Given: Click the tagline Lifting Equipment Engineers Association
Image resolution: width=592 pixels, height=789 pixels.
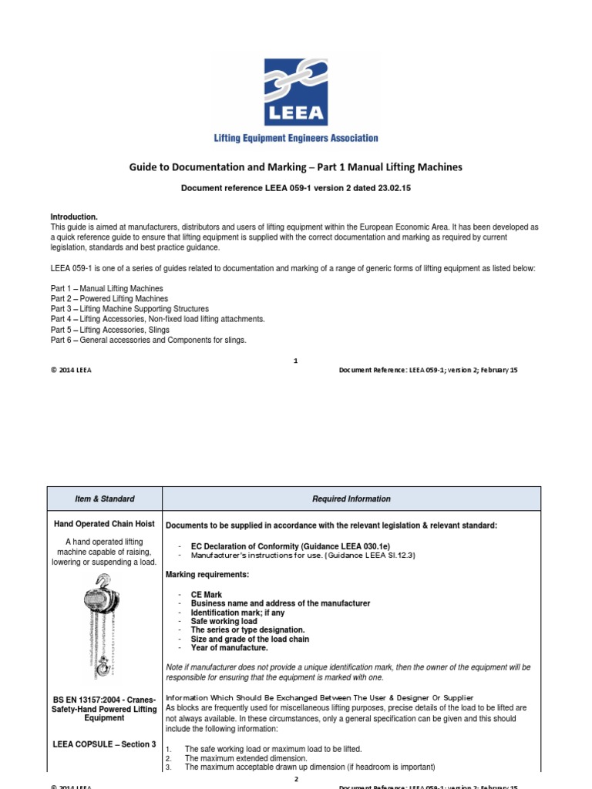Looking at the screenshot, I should click(x=296, y=139).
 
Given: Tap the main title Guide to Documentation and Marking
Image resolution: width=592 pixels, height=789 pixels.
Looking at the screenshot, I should click(x=296, y=167).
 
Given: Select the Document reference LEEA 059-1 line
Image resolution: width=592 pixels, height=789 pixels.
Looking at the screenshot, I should click(x=296, y=188).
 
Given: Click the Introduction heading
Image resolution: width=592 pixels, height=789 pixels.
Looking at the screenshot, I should click(x=74, y=217).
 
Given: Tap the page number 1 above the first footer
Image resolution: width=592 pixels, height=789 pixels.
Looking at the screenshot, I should click(x=296, y=360).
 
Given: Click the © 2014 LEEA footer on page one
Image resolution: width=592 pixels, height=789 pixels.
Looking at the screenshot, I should click(x=72, y=370).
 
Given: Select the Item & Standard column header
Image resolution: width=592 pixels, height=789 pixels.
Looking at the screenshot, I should click(x=105, y=499).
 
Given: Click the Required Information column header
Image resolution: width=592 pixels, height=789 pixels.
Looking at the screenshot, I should click(x=351, y=499).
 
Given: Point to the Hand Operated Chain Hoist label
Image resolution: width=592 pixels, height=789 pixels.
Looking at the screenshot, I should click(x=105, y=525).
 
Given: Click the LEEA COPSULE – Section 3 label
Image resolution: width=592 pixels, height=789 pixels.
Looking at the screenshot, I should click(x=105, y=744).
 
